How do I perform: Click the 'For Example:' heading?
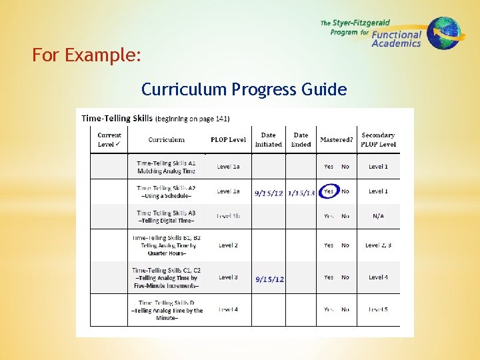pyautogui.click(x=87, y=55)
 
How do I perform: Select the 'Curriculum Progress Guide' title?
pyautogui.click(x=244, y=89)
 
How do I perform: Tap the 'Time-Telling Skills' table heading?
pyautogui.click(x=117, y=119)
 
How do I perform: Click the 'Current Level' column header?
pyautogui.click(x=109, y=139)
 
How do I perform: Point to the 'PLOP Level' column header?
pyautogui.click(x=228, y=140)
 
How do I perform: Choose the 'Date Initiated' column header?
pyautogui.click(x=268, y=139)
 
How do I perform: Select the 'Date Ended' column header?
pyautogui.click(x=301, y=139)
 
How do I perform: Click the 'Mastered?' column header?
pyautogui.click(x=337, y=140)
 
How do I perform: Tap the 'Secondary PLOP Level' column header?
pyautogui.click(x=378, y=139)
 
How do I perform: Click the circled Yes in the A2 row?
pyautogui.click(x=329, y=192)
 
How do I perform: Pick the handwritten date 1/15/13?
pyautogui.click(x=301, y=193)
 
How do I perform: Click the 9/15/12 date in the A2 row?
pyautogui.click(x=269, y=193)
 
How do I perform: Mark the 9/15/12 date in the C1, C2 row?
pyautogui.click(x=269, y=279)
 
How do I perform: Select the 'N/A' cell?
pyautogui.click(x=378, y=216)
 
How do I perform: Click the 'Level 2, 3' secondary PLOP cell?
pyautogui.click(x=378, y=245)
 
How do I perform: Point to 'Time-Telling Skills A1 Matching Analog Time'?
pyautogui.click(x=166, y=167)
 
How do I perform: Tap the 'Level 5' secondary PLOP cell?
pyautogui.click(x=378, y=309)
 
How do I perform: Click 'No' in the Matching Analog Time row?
pyautogui.click(x=345, y=167)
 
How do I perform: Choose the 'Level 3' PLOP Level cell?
pyautogui.click(x=228, y=277)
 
